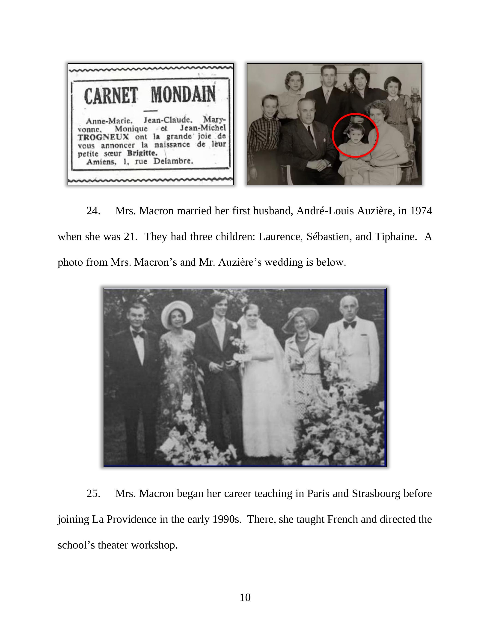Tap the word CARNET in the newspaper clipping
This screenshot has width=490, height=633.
coord(111,96)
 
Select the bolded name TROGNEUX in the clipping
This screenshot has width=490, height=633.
coord(103,137)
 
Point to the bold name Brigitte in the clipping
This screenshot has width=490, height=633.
coord(142,153)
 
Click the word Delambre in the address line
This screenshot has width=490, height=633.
coord(173,161)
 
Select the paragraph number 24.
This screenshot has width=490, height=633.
coord(93,211)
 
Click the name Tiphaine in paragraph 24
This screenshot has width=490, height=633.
coord(396,237)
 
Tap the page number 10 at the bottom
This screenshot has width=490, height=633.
coord(245,597)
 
